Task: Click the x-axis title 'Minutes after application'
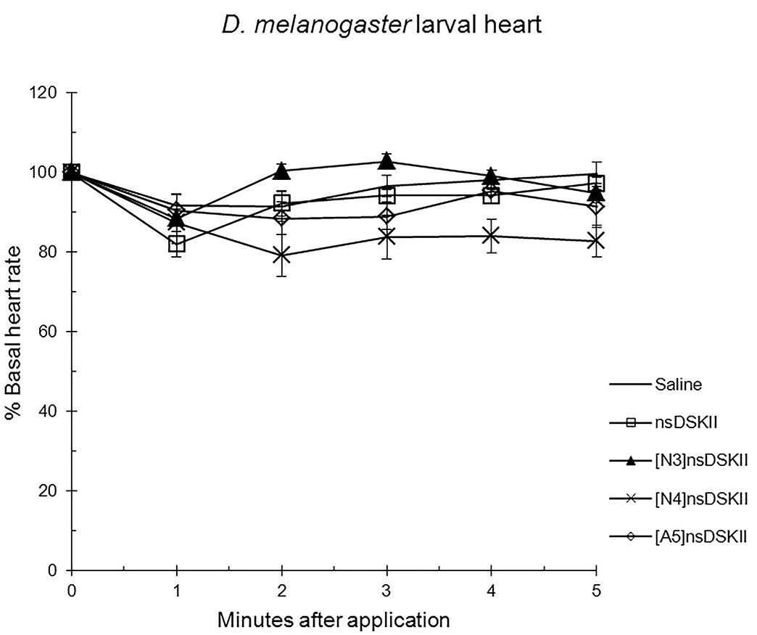(334, 620)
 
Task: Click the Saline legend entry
(677, 385)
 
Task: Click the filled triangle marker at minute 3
(386, 161)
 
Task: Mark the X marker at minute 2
(281, 255)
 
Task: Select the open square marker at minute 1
(177, 244)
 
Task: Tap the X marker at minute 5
(596, 241)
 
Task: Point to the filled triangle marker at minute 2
(281, 171)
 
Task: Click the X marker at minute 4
(491, 236)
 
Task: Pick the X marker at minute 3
(386, 237)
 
